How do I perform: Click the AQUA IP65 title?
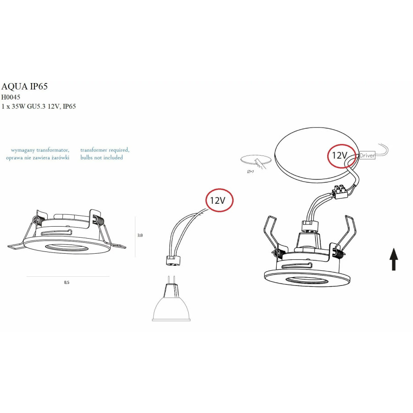pos(24,86)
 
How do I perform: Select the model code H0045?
pos(11,97)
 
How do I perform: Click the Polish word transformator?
pos(53,150)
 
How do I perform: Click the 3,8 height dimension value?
pos(140,235)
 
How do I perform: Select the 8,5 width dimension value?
pos(67,282)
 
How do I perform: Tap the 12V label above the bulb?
pos(218,201)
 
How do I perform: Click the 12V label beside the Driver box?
pos(340,156)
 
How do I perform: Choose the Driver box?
pos(367,156)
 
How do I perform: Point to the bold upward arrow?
pos(394,259)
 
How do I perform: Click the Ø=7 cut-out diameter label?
pos(251,172)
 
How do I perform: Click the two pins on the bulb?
pos(171,280)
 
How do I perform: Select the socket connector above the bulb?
pos(173,261)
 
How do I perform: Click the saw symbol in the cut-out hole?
pos(260,163)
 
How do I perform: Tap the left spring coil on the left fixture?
pos(37,220)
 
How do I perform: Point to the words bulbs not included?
pos(102,157)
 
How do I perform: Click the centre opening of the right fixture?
pos(307,280)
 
